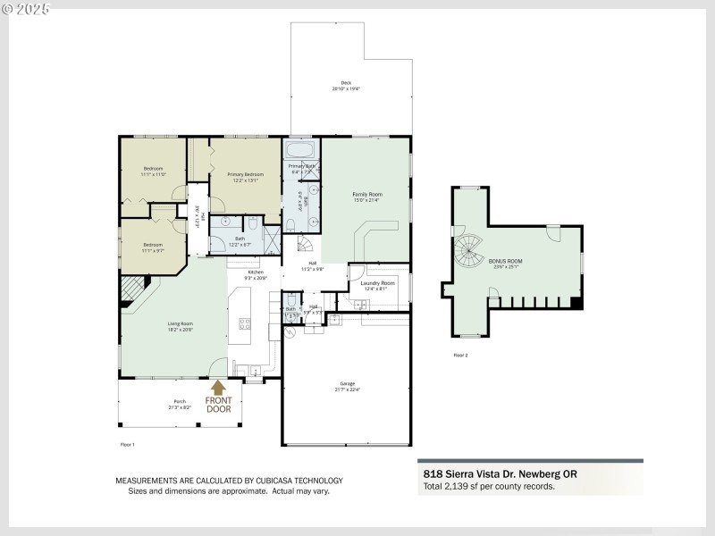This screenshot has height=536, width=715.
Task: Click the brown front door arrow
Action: [x=217, y=388]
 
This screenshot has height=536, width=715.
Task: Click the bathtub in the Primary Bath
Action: [x=300, y=150]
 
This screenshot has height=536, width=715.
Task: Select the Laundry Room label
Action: [x=378, y=283]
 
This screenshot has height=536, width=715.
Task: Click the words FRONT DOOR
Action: [x=218, y=405]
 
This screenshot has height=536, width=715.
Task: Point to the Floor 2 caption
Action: [x=460, y=356]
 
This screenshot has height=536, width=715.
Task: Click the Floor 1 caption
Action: [x=127, y=443]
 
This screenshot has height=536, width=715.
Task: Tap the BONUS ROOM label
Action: [x=507, y=262]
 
